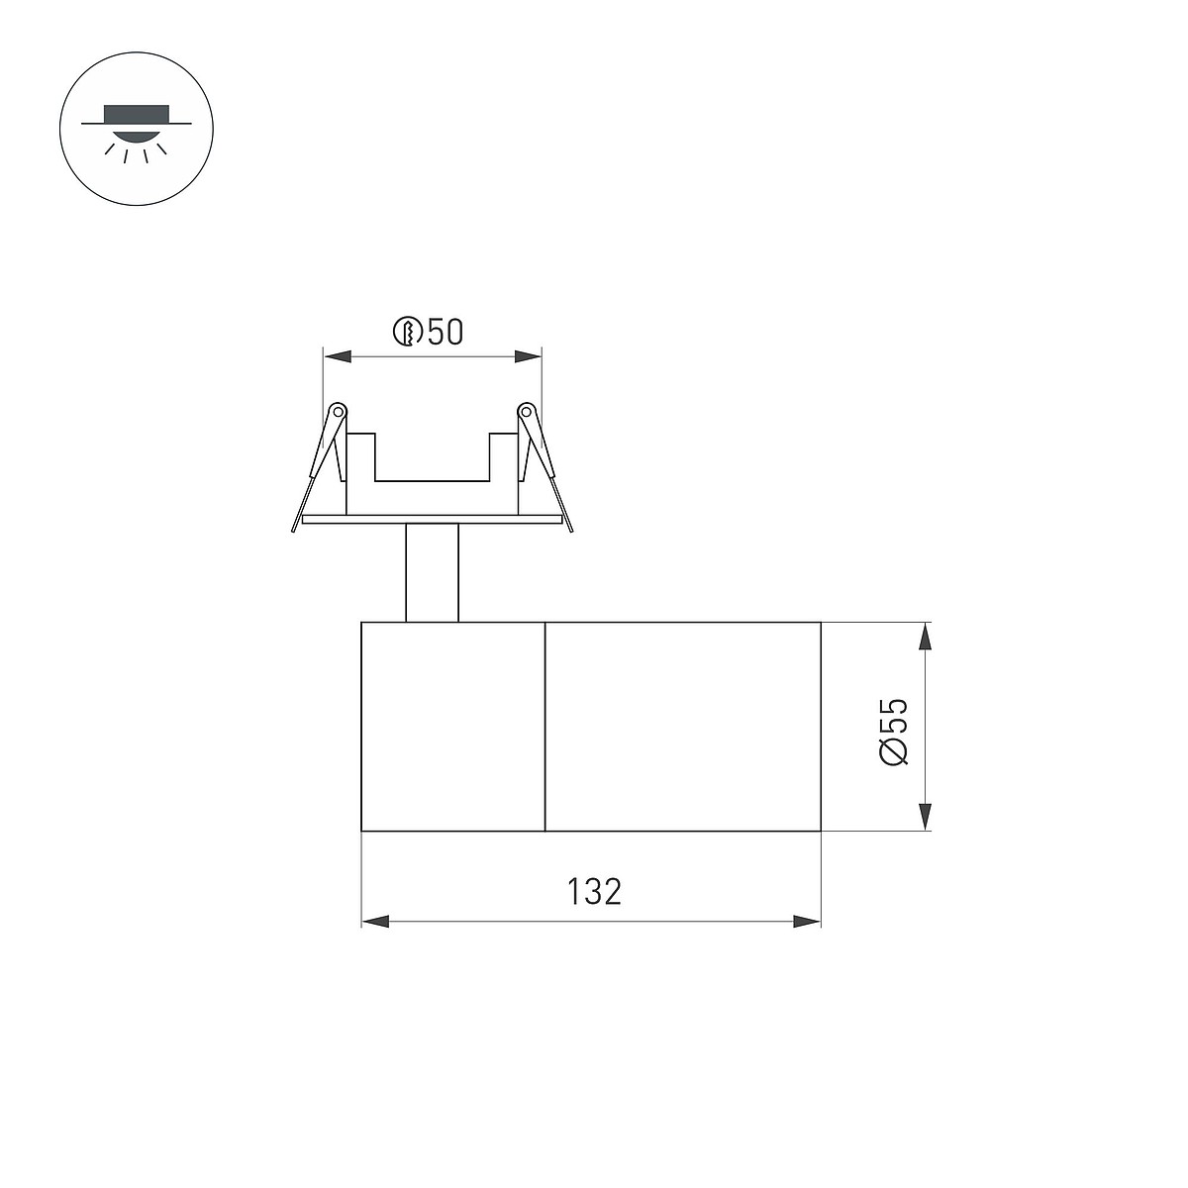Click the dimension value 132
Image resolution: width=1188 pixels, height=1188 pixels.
[x=594, y=892]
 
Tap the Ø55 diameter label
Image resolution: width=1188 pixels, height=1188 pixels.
[x=895, y=732]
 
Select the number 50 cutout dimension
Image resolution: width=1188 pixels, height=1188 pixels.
[x=445, y=332]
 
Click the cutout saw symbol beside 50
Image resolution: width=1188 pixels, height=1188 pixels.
[x=408, y=332]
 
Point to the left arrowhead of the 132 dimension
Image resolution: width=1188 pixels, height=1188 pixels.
[x=375, y=922]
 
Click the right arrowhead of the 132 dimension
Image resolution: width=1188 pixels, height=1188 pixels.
[x=807, y=922]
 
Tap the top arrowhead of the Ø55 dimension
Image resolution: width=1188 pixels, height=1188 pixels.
[x=925, y=637]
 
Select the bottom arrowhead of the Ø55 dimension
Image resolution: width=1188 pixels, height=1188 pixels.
[x=925, y=816]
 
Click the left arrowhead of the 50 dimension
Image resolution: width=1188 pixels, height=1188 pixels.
[x=338, y=356]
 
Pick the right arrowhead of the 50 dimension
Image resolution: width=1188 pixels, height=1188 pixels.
[x=528, y=356]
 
